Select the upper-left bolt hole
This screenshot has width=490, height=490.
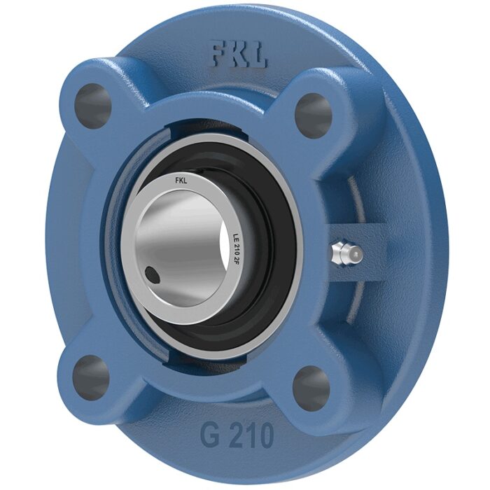click(x=93, y=104)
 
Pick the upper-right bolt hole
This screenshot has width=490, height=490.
click(x=314, y=114)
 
